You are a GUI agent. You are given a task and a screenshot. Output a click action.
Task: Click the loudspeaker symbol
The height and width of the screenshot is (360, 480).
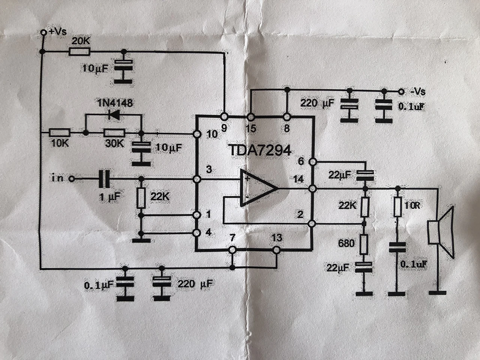coord(441,232)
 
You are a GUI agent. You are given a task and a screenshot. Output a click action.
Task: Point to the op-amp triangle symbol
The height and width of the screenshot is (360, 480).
coord(257,187)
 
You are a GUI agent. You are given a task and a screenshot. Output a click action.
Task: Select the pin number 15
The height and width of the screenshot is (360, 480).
coord(251,128)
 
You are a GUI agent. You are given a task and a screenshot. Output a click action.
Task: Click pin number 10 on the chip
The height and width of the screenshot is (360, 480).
coord(212,134)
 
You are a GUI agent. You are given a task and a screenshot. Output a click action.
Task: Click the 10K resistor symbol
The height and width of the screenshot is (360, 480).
coord(59,133)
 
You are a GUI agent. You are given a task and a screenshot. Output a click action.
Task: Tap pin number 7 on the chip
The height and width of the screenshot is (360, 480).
coord(232,238)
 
